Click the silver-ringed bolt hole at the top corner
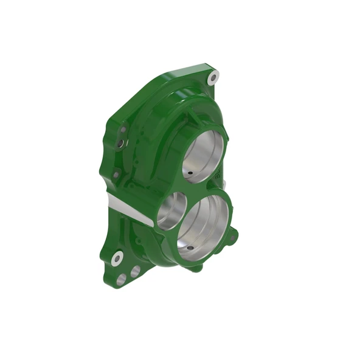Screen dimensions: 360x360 [x=213, y=77]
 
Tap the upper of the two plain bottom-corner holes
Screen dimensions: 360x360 [x=135, y=270]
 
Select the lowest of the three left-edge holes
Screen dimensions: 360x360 [x=116, y=175]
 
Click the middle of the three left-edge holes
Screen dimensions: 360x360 [x=120, y=143]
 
